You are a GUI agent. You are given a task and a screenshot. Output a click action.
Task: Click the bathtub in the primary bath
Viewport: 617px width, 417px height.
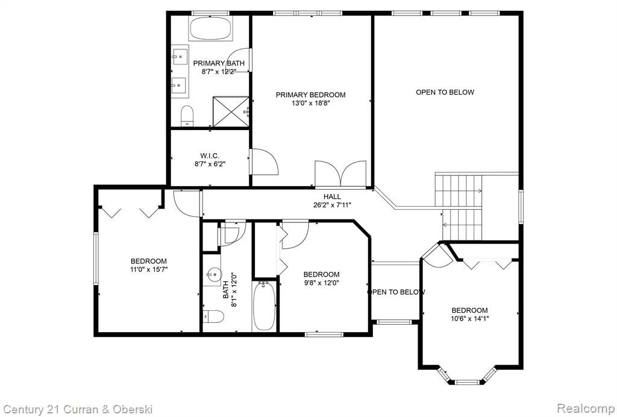point(210,28)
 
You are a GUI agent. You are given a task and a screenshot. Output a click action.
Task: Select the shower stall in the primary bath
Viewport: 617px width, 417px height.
point(231,111)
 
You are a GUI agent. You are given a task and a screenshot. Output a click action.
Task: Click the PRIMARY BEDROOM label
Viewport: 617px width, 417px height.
point(310,95)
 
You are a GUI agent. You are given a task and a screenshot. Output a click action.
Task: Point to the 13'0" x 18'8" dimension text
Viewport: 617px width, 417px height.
point(310,104)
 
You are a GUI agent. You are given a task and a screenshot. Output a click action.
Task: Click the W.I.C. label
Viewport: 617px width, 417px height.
point(210,156)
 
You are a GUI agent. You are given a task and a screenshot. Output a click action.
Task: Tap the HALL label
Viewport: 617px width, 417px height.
point(333,196)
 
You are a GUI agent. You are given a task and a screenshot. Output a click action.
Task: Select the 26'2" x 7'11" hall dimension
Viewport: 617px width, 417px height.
point(333,205)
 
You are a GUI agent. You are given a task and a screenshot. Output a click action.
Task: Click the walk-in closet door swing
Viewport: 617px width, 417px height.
point(265,161)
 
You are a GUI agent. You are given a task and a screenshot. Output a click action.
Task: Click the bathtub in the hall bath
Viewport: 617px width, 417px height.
point(264,306)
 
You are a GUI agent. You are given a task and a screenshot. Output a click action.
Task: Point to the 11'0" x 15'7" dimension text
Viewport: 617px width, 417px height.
point(149,269)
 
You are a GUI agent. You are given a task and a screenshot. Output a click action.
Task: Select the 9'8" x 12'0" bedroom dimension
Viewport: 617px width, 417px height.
point(321,283)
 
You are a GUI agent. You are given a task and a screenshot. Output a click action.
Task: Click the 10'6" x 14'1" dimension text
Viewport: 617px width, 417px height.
point(470,319)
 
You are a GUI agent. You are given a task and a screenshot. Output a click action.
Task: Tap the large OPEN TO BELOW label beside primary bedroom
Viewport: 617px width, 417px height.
point(445,92)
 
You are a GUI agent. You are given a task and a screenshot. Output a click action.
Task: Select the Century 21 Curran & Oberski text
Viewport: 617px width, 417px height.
point(77,409)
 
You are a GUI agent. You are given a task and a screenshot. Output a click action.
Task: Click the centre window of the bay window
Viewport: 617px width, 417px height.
point(468,381)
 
